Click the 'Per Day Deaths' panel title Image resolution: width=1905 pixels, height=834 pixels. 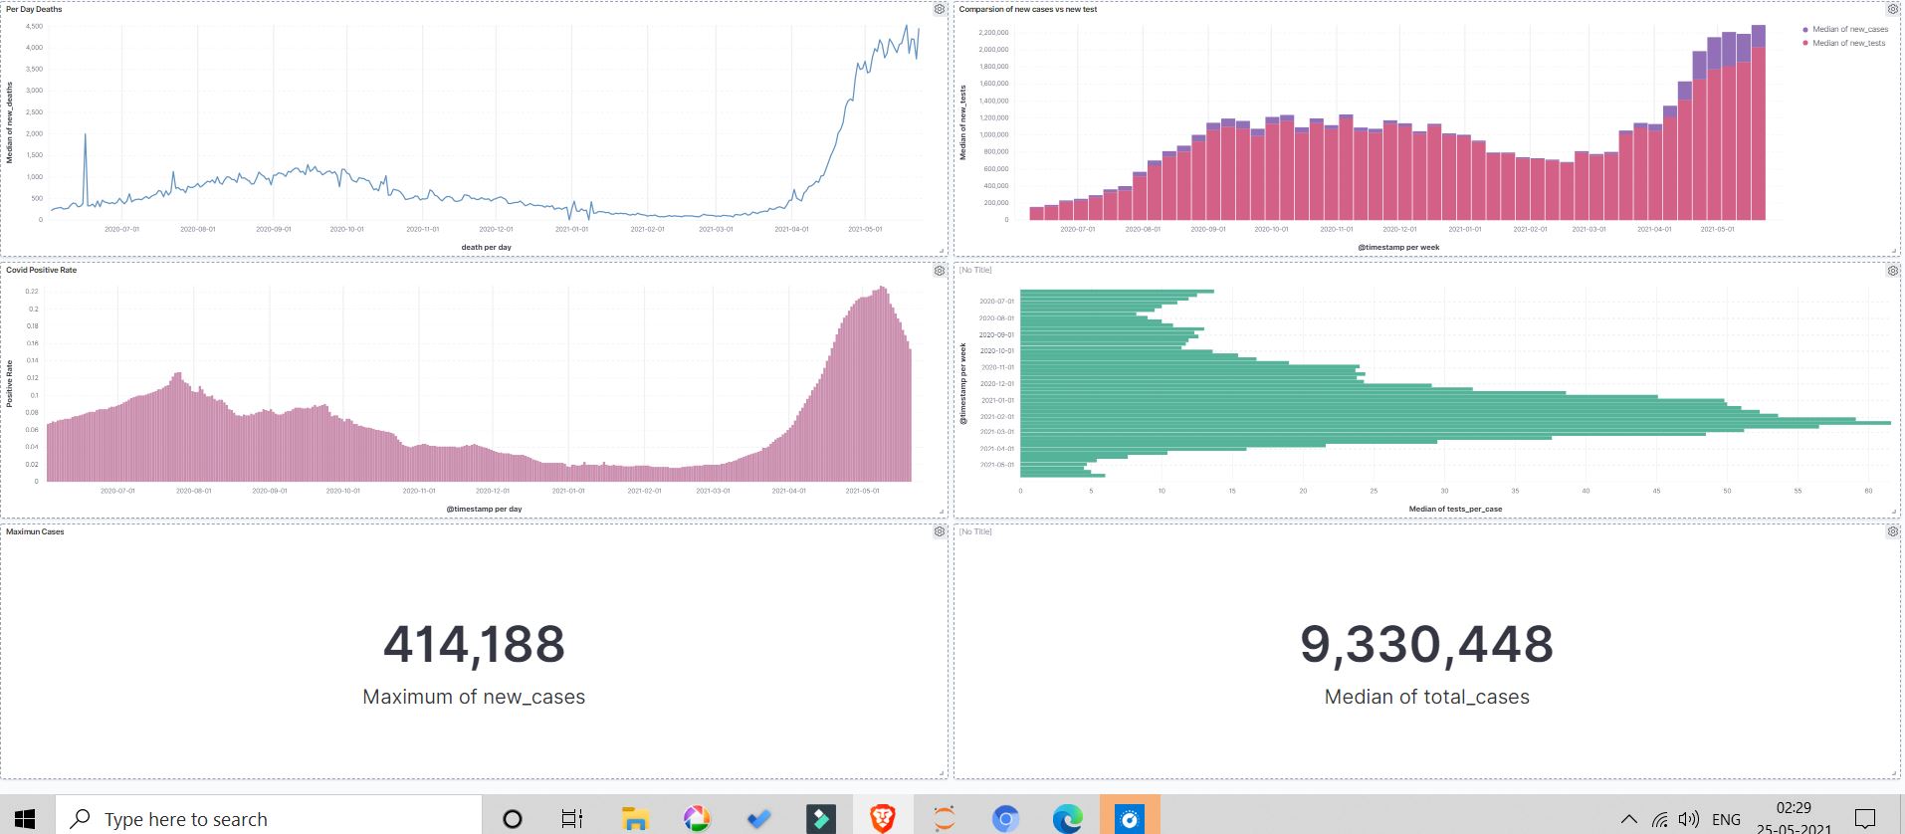point(34,9)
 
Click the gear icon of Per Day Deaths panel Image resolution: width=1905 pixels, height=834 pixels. point(940,9)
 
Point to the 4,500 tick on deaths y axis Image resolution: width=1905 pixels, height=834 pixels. point(34,26)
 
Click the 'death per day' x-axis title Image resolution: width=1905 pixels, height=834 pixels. point(486,247)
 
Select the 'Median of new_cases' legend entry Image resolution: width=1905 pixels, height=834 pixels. point(1849,29)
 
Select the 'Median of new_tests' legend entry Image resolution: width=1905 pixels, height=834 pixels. point(1848,43)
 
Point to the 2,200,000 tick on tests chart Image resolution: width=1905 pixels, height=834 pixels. point(992,33)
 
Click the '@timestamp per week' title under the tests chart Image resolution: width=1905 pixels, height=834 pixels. point(1397,247)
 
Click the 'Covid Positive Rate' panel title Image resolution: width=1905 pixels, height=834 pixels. point(41,270)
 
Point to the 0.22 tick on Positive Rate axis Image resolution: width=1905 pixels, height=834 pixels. point(32,292)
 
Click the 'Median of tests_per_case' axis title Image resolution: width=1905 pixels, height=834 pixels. point(1455,509)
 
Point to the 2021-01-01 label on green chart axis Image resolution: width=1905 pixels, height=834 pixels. point(996,400)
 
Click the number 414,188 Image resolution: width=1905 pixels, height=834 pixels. point(474,644)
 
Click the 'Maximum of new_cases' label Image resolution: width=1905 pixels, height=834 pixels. point(474,697)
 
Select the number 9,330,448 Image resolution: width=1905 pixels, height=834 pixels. point(1426,644)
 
